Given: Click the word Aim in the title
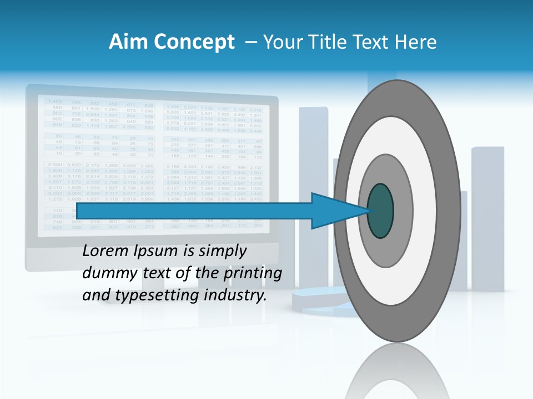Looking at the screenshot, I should [123, 42].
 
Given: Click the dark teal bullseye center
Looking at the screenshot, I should [381, 211].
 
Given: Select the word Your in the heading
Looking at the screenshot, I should [281, 42].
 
